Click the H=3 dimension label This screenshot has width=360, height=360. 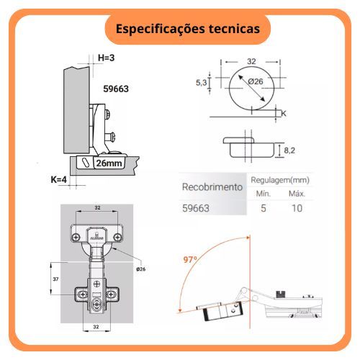pos(106,58)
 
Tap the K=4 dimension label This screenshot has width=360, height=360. pos(58,179)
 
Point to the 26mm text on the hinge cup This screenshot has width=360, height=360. pos(109,163)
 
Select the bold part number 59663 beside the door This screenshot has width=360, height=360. pos(116,89)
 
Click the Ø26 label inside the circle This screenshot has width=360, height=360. pos(256,81)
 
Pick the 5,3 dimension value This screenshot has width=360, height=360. pos(201,83)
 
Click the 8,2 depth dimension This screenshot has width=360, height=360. pos(289,150)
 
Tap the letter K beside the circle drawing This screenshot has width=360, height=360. pos(284,113)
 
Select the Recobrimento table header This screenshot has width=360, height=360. pos(212,187)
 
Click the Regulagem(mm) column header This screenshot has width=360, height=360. pos(280,180)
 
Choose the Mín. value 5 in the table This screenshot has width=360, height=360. pos(264,208)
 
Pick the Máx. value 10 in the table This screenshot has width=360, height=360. pos(297,208)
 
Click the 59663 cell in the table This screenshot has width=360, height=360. pos(196,208)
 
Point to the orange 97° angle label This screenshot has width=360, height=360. pos(190,259)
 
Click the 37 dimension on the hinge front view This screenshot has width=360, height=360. pos(55,279)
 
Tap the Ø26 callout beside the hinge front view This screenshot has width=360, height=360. pos(141,269)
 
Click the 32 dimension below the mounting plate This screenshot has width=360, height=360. pos(96,327)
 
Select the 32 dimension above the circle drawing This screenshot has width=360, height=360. pos(251,61)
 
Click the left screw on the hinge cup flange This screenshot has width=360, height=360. pos(76,238)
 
